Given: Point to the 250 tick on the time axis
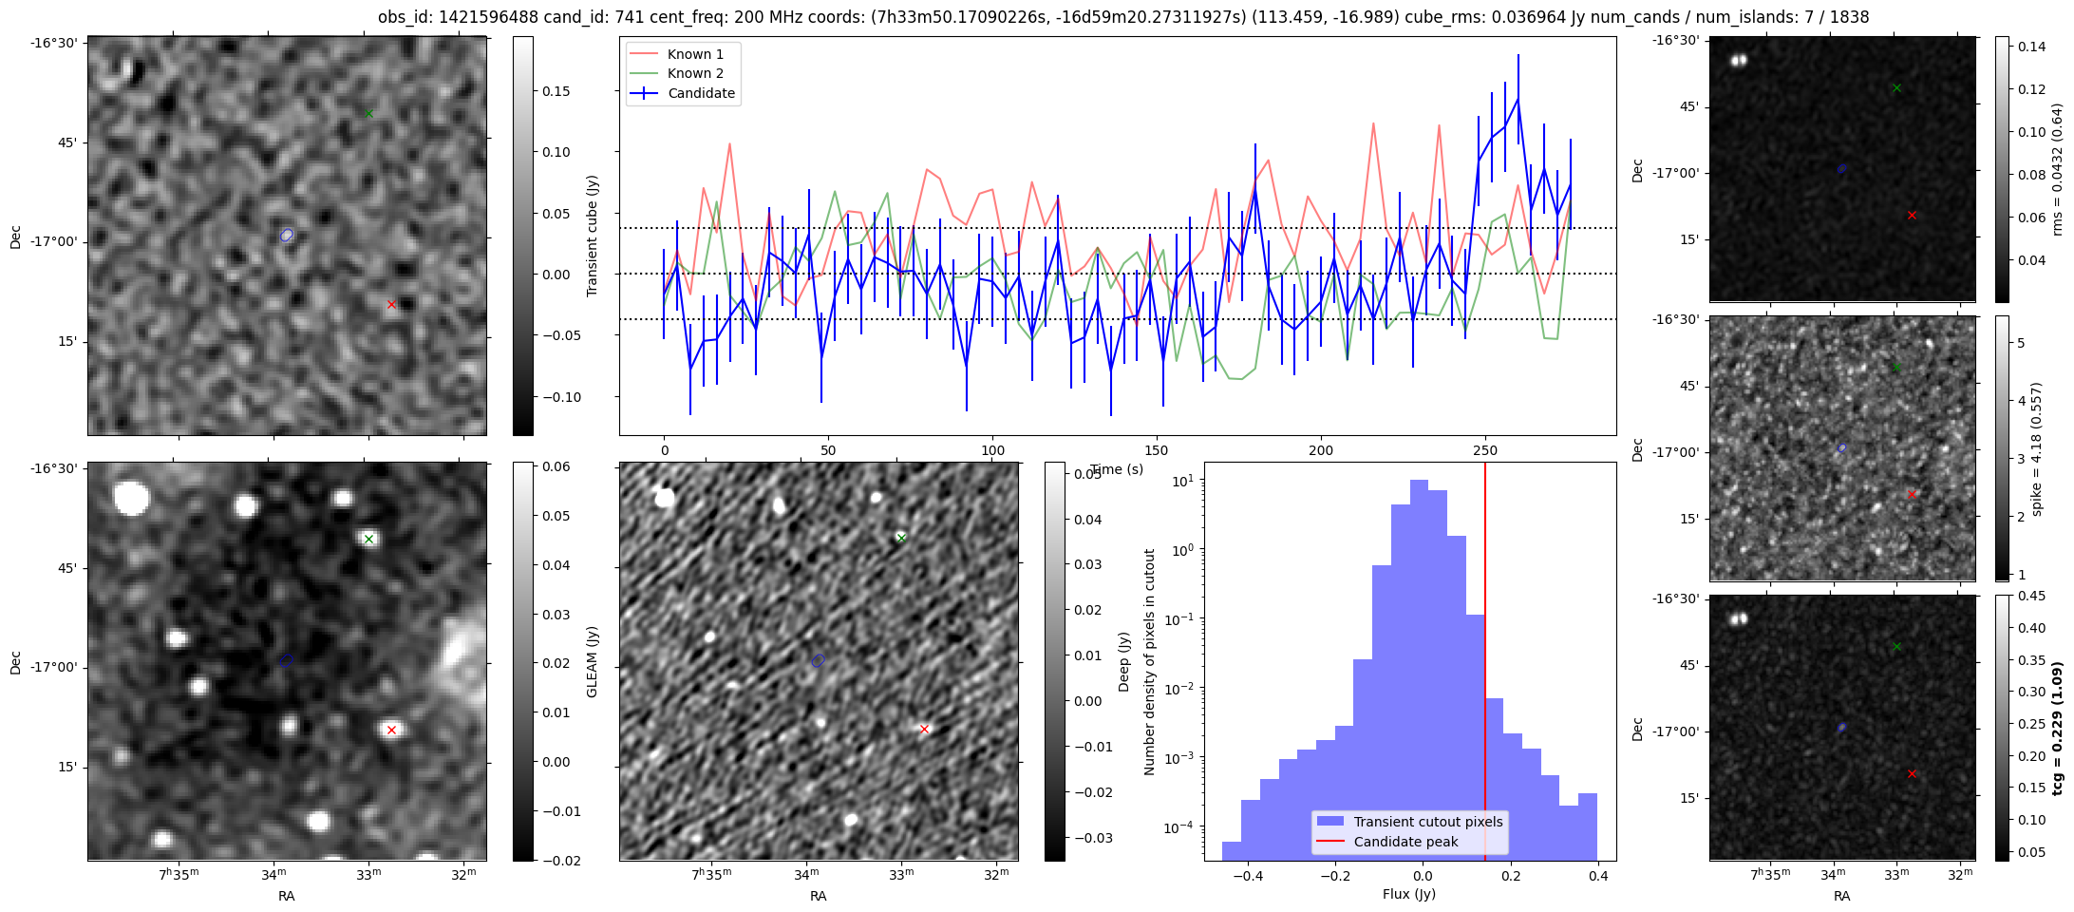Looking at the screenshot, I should (1484, 450).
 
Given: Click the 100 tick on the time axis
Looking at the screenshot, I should (992, 450).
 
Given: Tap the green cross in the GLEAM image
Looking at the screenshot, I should (369, 540).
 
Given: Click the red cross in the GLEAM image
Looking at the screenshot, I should (391, 731).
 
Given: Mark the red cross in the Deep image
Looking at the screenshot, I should (924, 730).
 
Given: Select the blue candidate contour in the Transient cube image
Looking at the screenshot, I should (287, 235).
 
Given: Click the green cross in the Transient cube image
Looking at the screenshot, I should (369, 114).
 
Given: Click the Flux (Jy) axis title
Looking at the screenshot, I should (1409, 894).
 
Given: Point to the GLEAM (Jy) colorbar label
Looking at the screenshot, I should (593, 662).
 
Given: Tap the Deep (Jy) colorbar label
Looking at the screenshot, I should (1124, 662).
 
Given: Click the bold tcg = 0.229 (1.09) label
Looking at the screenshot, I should (2057, 728).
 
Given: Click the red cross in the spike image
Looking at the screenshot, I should (1912, 495).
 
